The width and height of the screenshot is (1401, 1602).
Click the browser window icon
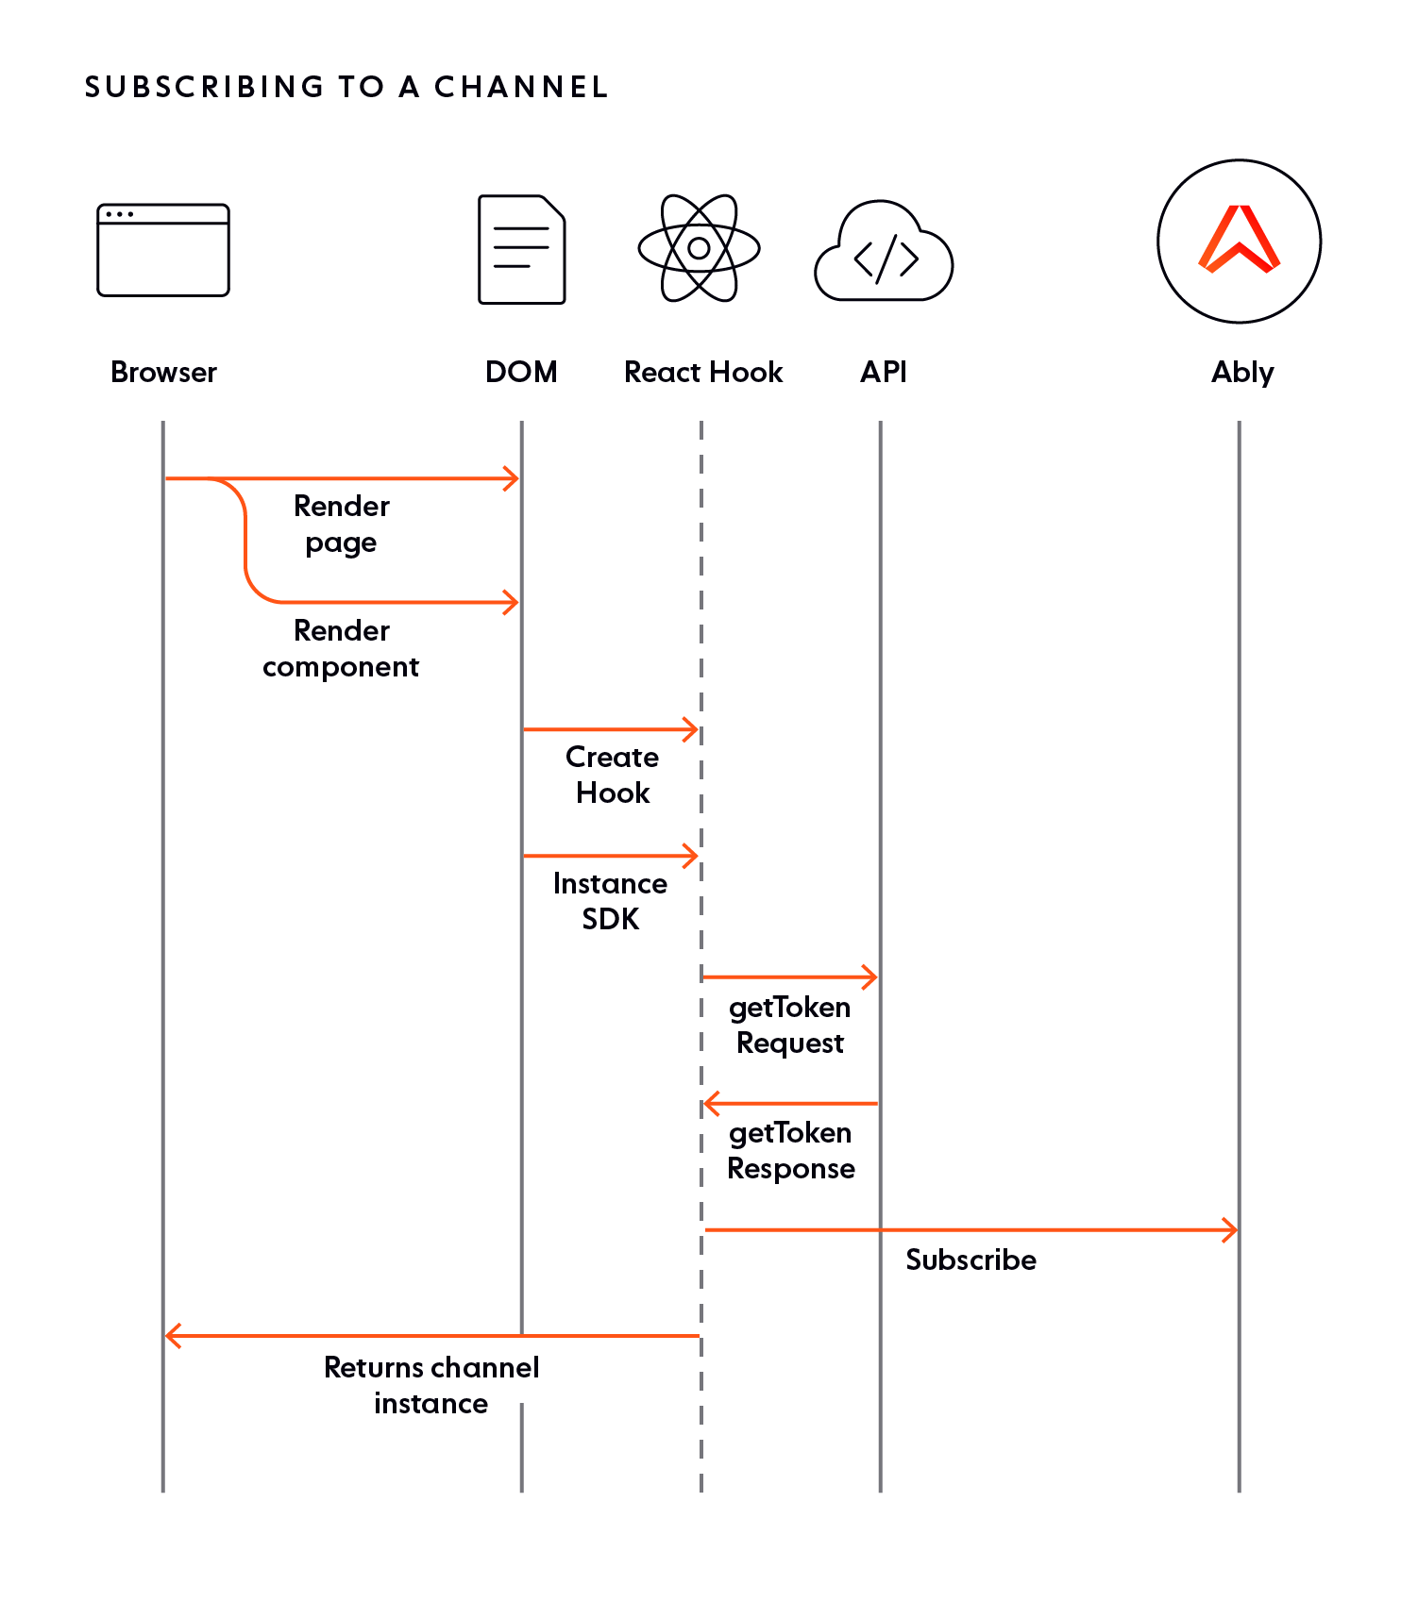pyautogui.click(x=163, y=250)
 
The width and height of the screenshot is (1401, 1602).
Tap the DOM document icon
pyautogui.click(x=522, y=249)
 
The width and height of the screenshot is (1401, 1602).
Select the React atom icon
pyautogui.click(x=700, y=248)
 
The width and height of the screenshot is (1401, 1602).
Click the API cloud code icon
pyautogui.click(x=884, y=250)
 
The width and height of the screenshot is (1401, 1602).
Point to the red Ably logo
pyautogui.click(x=1240, y=239)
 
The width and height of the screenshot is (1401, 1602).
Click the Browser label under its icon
pyautogui.click(x=163, y=372)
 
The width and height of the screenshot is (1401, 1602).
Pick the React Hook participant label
pyautogui.click(x=703, y=372)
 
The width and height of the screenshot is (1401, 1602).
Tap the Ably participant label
pyautogui.click(x=1242, y=373)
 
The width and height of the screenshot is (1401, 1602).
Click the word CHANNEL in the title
pyautogui.click(x=521, y=87)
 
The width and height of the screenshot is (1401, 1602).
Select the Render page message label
pyautogui.click(x=342, y=525)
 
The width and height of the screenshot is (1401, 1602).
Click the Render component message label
pyautogui.click(x=341, y=648)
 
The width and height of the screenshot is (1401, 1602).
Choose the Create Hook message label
pyautogui.click(x=613, y=775)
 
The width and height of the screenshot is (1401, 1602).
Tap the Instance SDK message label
pyautogui.click(x=611, y=901)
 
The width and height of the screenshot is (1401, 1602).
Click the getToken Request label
pyautogui.click(x=790, y=1026)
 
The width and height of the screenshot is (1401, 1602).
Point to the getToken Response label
pyautogui.click(x=791, y=1151)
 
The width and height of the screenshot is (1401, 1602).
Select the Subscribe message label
pyautogui.click(x=971, y=1260)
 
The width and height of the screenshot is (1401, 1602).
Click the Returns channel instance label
pyautogui.click(x=431, y=1386)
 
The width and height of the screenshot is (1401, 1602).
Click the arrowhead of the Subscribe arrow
pyautogui.click(x=1231, y=1230)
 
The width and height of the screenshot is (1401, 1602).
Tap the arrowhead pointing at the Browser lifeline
pyautogui.click(x=173, y=1336)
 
